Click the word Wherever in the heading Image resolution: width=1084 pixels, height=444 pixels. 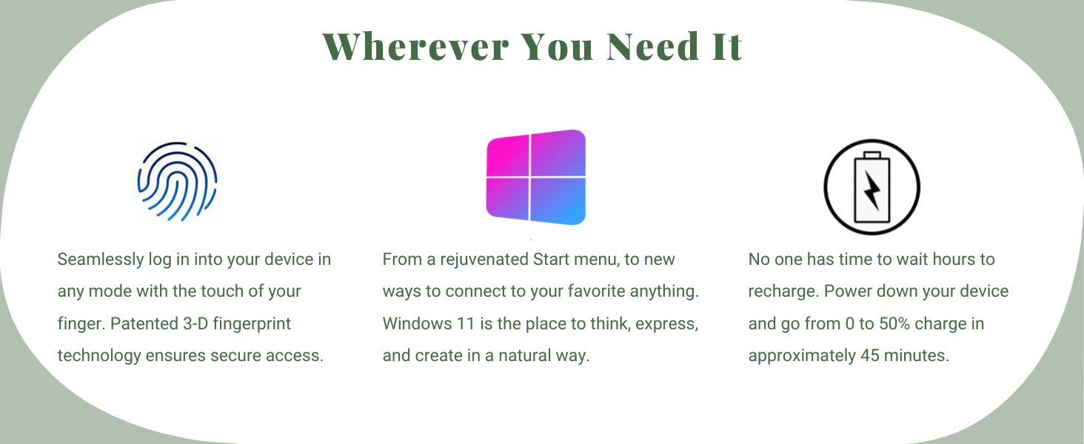(x=416, y=47)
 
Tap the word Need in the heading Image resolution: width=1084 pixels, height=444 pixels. (x=652, y=47)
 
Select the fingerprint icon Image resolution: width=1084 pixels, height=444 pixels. (x=177, y=181)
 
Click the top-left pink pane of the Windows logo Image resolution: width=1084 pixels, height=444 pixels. (x=508, y=155)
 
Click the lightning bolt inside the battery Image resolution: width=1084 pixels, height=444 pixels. (x=872, y=190)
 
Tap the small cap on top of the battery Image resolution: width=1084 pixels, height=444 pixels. (x=872, y=155)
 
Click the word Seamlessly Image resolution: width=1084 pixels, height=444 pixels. (x=101, y=260)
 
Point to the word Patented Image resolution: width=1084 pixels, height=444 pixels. (x=144, y=323)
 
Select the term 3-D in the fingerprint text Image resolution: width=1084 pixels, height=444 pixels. (x=195, y=323)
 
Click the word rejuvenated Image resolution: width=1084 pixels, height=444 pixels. (x=484, y=260)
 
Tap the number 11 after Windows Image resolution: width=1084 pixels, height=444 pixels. (x=466, y=323)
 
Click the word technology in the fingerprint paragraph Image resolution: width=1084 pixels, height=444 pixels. (x=99, y=356)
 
